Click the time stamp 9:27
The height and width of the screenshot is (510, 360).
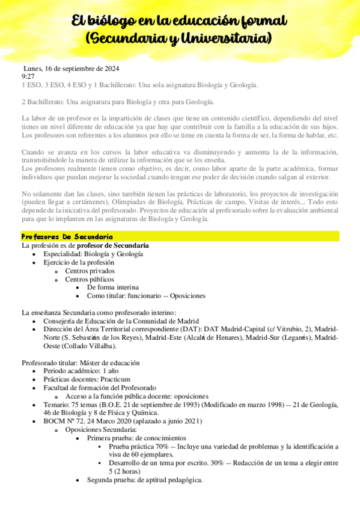tap(28, 76)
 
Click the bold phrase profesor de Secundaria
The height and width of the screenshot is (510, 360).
tap(113, 246)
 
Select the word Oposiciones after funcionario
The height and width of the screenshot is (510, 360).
tap(188, 296)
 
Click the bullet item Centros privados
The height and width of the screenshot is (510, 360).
tap(91, 271)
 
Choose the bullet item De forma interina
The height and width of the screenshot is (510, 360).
tap(113, 287)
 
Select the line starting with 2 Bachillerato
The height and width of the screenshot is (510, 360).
tap(117, 102)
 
